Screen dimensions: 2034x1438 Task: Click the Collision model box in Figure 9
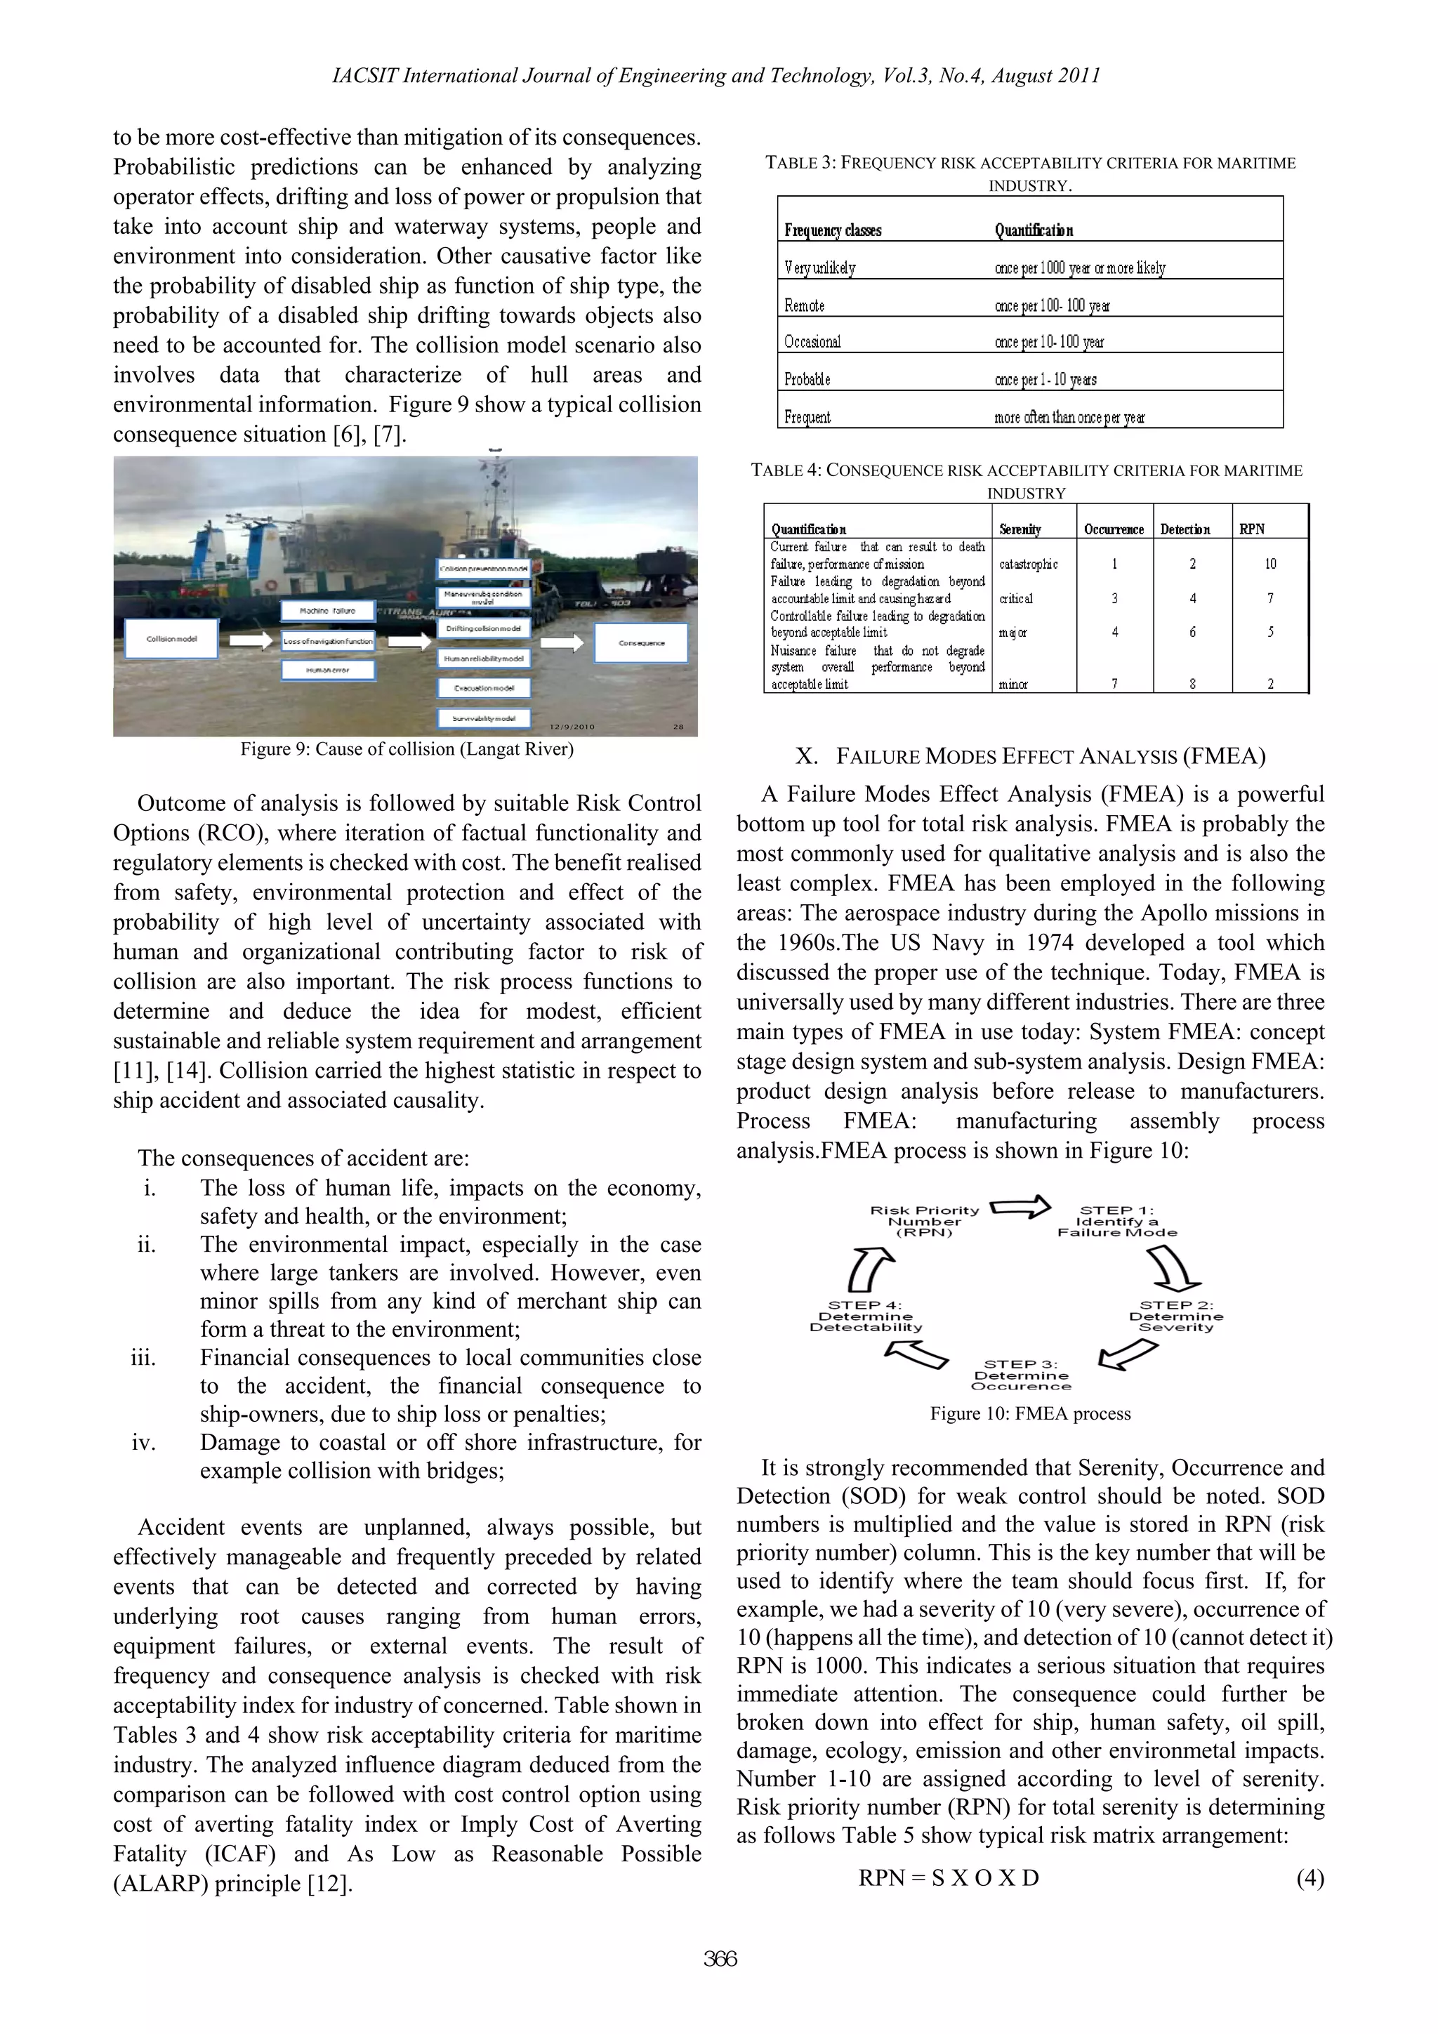click(x=172, y=639)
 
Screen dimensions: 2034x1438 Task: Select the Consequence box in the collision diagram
click(x=642, y=643)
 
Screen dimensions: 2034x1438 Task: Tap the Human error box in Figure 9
click(x=329, y=671)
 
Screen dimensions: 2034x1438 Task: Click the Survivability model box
click(x=484, y=718)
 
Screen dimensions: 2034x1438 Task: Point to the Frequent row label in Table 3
click(x=807, y=417)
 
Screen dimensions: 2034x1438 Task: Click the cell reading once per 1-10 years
click(x=1045, y=380)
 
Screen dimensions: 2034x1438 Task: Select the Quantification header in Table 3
click(x=1033, y=230)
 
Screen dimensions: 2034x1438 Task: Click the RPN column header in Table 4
click(x=1252, y=529)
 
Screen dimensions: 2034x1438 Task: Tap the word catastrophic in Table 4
click(x=1028, y=564)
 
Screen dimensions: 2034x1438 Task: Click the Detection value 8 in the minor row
click(x=1192, y=684)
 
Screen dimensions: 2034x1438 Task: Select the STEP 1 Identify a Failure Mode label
click(x=1117, y=1221)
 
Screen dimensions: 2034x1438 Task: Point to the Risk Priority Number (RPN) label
click(x=924, y=1221)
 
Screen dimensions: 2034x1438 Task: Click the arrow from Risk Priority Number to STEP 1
click(x=1019, y=1207)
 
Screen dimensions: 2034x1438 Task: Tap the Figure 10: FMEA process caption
click(x=1029, y=1414)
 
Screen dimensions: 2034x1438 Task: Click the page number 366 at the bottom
click(x=720, y=1959)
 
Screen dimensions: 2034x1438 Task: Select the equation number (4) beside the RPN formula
click(x=1310, y=1878)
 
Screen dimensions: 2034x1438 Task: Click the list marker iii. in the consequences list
click(x=143, y=1358)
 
